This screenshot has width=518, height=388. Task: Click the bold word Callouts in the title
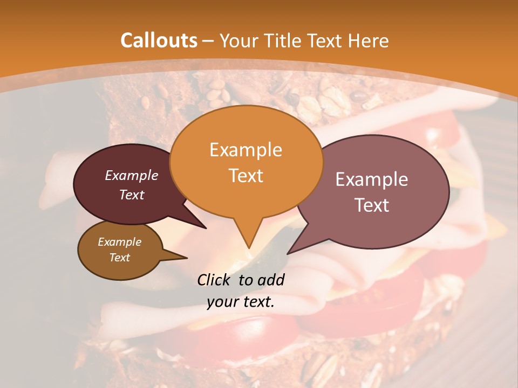[159, 40]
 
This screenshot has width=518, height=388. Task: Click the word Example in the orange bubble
[246, 150]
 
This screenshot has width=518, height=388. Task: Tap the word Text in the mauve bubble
[372, 205]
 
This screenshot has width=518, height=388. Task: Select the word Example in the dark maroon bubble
[132, 176]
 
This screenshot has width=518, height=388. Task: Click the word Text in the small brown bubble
[120, 258]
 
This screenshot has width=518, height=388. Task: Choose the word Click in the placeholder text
[215, 280]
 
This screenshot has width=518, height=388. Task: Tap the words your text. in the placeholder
[241, 302]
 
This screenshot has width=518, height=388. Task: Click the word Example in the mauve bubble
[372, 179]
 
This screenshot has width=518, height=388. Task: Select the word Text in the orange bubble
[246, 176]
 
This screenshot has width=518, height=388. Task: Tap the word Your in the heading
[239, 40]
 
